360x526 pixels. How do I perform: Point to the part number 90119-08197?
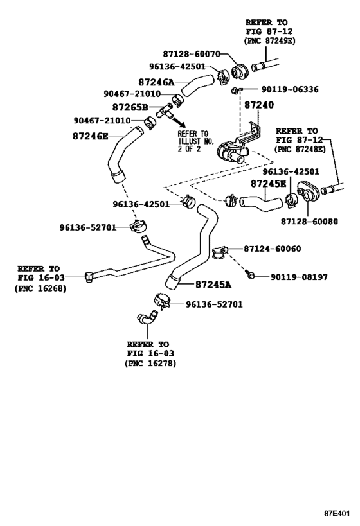pyautogui.click(x=300, y=277)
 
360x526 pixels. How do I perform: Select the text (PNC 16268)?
pyautogui.click(x=39, y=288)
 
